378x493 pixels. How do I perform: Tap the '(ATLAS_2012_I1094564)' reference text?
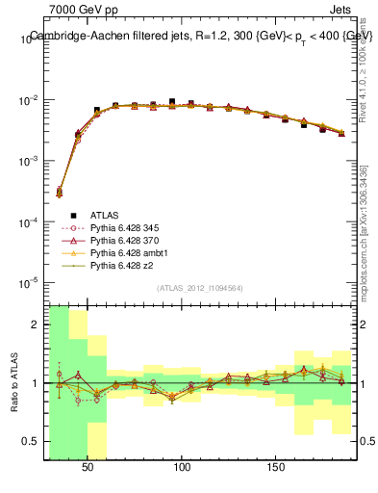(200, 287)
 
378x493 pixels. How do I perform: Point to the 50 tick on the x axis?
(88, 465)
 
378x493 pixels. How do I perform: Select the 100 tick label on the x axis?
(182, 465)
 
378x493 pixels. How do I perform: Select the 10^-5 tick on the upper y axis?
(32, 282)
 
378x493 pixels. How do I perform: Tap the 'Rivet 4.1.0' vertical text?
(368, 82)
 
